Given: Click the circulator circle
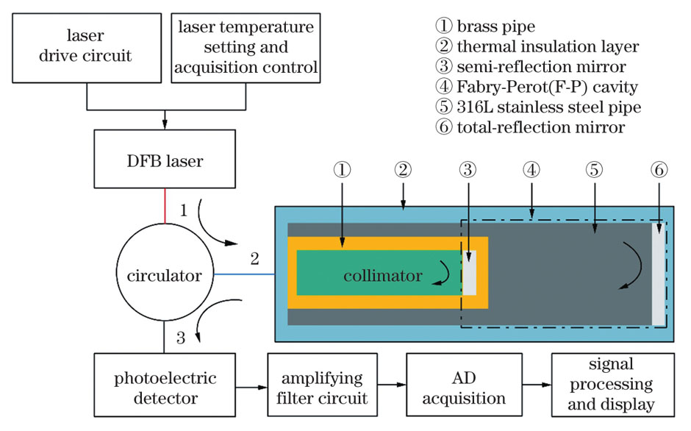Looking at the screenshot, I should (x=165, y=277).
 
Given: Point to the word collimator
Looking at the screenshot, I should (x=382, y=277).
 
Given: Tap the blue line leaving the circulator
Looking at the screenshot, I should (x=245, y=274).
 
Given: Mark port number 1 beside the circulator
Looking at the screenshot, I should (x=183, y=210).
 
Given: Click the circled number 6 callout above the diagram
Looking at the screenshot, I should (x=659, y=170).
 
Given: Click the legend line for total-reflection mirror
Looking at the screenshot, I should (x=530, y=127).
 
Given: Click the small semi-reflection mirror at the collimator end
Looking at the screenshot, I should (x=469, y=272).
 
